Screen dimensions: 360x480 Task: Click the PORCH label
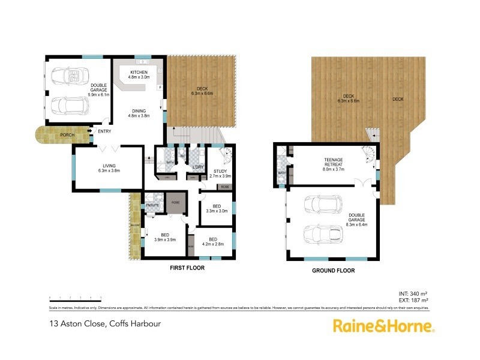click(67, 135)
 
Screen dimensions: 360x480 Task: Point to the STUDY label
click(220, 173)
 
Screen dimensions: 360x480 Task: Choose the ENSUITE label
click(152, 205)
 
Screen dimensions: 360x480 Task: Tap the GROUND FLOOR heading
click(332, 271)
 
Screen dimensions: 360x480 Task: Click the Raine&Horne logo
click(384, 326)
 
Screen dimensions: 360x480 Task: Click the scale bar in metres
click(75, 297)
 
